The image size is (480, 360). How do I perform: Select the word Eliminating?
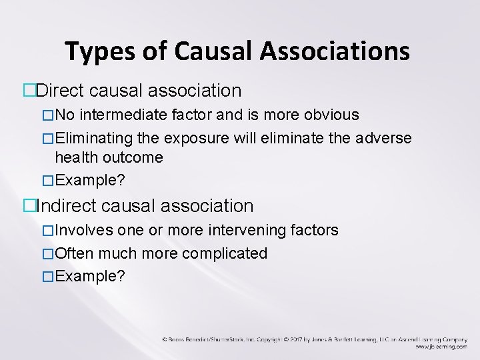(89, 137)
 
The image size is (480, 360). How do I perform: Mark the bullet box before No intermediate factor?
(47, 115)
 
